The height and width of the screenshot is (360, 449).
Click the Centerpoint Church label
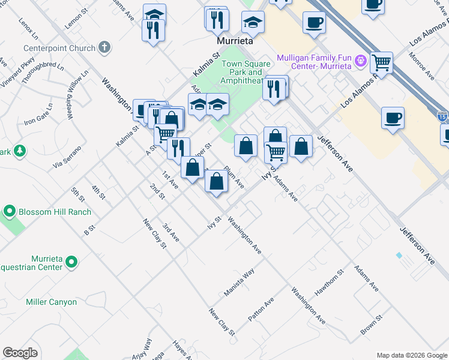click(x=59, y=48)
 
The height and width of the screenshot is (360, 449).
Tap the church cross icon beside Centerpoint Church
click(x=105, y=47)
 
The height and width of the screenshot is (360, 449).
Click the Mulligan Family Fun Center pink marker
click(x=360, y=60)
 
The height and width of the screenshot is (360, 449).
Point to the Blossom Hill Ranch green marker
click(x=10, y=212)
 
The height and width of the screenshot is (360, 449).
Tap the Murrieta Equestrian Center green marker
click(x=71, y=262)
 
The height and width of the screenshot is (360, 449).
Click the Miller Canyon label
click(x=51, y=302)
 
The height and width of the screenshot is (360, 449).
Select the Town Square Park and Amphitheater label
click(x=243, y=72)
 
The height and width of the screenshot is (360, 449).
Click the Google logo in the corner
click(x=20, y=353)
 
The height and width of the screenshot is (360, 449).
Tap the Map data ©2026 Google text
click(x=411, y=355)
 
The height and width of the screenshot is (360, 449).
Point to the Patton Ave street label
click(x=261, y=308)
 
